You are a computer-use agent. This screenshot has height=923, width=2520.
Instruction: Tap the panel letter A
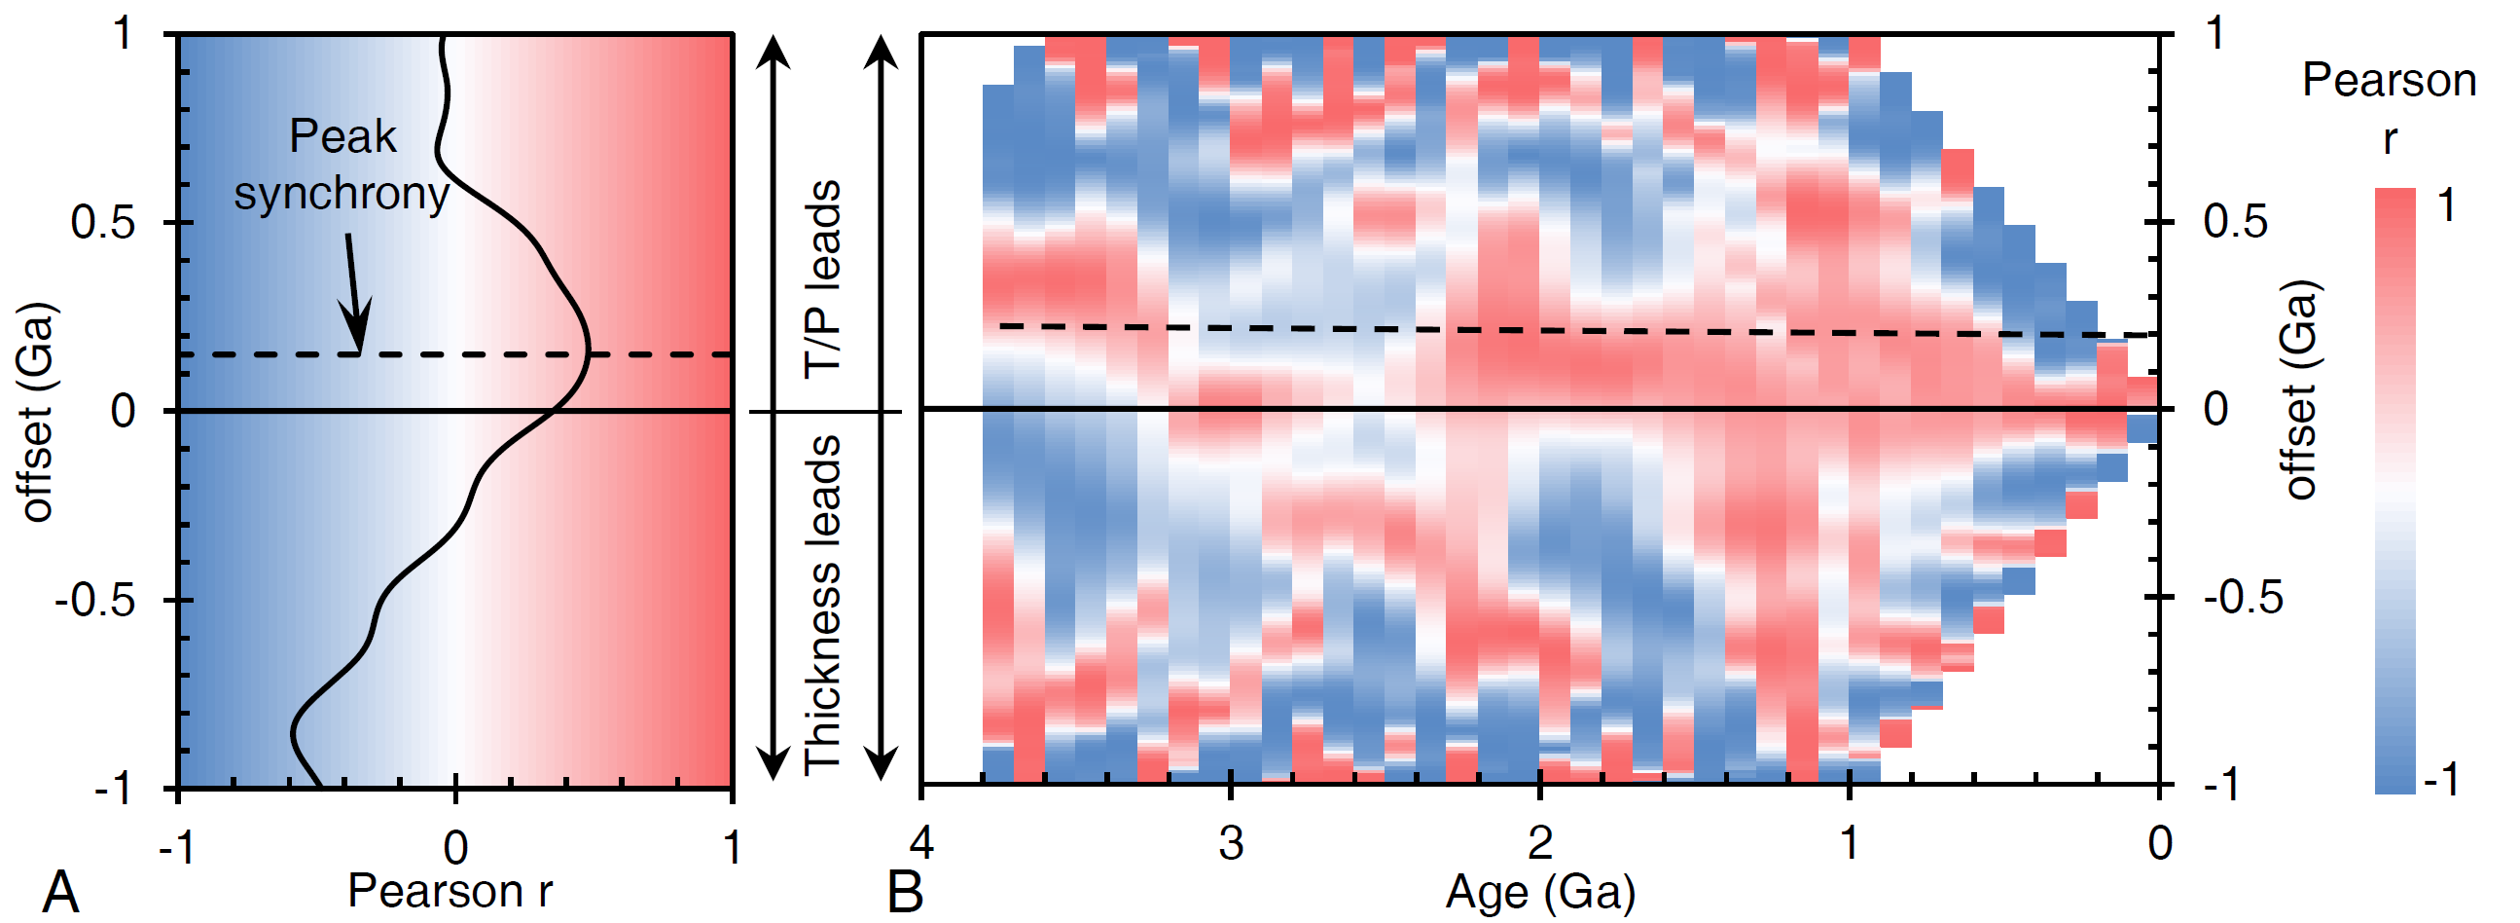[x=60, y=893]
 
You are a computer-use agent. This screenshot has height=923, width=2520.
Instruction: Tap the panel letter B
[x=905, y=893]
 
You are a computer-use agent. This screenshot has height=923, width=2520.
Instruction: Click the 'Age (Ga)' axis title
[x=1540, y=891]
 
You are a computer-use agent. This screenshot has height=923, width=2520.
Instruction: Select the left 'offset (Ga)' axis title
[x=37, y=411]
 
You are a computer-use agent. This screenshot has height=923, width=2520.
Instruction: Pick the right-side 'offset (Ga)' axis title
[x=2301, y=389]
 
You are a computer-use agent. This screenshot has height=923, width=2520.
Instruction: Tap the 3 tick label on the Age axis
[x=1231, y=843]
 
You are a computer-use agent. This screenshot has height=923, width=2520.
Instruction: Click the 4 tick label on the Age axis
[x=921, y=843]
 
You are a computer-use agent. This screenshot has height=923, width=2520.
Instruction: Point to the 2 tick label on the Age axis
[x=1540, y=843]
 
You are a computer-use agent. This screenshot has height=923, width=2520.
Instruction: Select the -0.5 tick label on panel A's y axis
[x=95, y=599]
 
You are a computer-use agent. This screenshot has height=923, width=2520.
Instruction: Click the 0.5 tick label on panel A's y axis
[x=103, y=223]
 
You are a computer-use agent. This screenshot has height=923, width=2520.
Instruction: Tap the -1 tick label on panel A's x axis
[x=177, y=848]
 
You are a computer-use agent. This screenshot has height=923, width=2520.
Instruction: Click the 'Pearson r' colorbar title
[x=2389, y=108]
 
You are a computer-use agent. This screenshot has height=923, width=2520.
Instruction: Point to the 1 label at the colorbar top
[x=2446, y=205]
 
